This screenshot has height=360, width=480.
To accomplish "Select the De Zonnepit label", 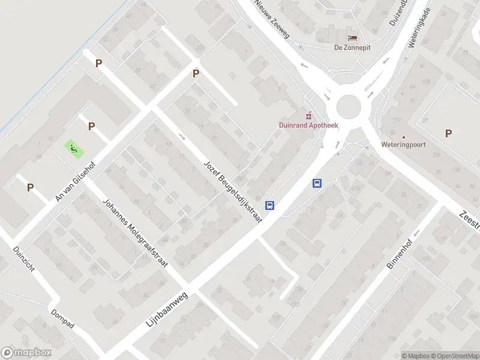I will (352, 47).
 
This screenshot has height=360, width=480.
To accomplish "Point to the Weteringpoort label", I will (403, 145).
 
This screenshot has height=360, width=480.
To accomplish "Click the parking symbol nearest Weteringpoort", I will (448, 133).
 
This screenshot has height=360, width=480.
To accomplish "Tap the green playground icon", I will (74, 148).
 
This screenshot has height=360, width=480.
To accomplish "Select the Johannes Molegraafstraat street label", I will (136, 233).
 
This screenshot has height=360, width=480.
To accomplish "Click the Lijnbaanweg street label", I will (167, 305).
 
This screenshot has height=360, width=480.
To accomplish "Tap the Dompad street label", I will (62, 319).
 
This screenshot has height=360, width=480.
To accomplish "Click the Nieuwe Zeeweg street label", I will (271, 19).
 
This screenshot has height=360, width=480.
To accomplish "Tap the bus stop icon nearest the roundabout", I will (317, 184).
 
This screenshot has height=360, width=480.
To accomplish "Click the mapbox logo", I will (25, 353).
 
